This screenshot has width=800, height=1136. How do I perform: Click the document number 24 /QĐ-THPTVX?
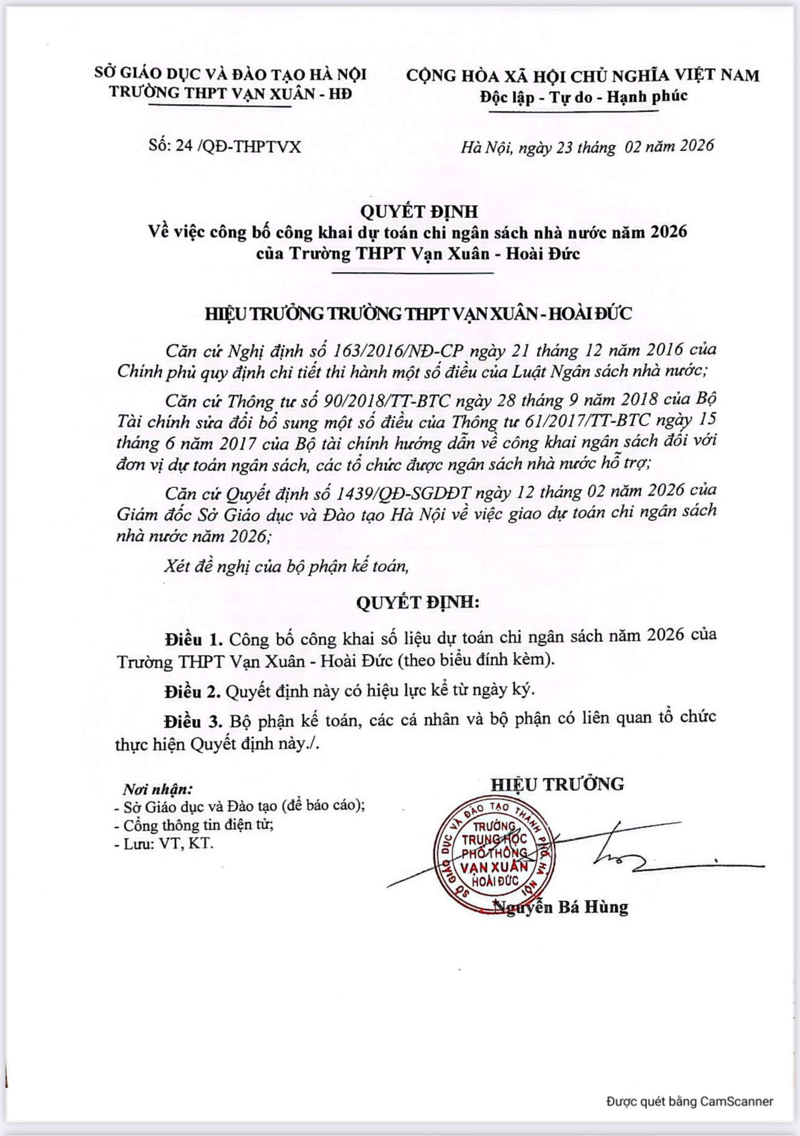[238, 146]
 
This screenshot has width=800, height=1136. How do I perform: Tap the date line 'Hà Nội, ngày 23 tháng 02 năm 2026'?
[587, 146]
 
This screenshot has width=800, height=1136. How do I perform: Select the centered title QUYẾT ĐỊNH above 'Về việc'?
[419, 211]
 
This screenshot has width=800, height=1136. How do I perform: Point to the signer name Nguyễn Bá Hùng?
[560, 907]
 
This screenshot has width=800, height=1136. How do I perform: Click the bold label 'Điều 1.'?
[193, 639]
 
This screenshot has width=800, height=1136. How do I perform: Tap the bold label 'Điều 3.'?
[193, 721]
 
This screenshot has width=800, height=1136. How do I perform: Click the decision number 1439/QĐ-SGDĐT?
[404, 493]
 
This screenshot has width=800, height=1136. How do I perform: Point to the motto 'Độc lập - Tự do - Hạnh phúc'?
[583, 97]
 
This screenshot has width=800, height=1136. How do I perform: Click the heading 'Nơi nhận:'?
[158, 789]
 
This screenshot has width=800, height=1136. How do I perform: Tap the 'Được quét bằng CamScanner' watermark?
[690, 1101]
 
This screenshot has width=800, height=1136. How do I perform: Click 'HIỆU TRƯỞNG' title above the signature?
[557, 784]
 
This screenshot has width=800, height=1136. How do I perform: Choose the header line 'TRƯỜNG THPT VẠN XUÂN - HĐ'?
[231, 93]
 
